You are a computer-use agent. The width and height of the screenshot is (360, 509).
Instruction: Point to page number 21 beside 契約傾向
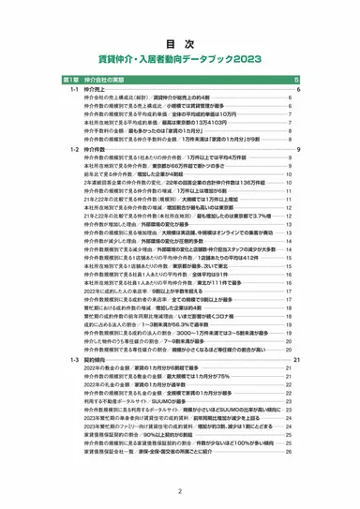296,359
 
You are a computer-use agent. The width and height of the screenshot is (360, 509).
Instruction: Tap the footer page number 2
179,488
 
